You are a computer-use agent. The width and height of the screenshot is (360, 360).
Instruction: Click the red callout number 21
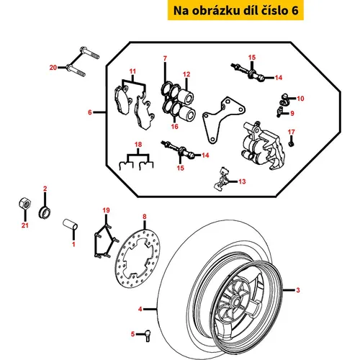click(25, 225)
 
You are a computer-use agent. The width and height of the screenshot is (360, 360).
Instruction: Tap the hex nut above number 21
click(24, 204)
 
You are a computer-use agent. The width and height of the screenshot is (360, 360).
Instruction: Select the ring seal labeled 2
click(45, 212)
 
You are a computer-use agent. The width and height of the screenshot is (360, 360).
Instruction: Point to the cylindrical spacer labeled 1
click(71, 224)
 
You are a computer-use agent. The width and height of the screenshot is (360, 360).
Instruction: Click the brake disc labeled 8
click(138, 259)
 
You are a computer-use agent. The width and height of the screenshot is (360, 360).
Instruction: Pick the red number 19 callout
click(106, 210)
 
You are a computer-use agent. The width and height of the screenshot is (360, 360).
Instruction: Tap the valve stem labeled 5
click(147, 336)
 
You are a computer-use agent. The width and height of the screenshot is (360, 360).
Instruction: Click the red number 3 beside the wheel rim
click(298, 290)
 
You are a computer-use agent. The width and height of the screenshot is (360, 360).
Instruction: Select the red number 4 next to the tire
click(140, 309)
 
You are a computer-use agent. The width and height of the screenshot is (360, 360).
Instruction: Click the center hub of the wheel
click(235, 302)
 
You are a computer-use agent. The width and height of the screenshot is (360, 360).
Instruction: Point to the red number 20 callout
click(53, 68)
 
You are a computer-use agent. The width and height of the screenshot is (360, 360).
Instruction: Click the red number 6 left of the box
click(90, 112)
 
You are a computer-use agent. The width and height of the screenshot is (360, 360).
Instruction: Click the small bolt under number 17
click(291, 142)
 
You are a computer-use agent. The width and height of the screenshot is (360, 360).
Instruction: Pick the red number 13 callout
click(242, 181)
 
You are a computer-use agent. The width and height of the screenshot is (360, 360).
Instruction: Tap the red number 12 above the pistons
click(186, 74)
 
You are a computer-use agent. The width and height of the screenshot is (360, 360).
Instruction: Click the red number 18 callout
click(138, 145)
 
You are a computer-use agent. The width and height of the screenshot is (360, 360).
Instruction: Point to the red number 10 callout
click(300, 99)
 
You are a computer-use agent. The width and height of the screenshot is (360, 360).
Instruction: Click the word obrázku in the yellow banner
click(216, 11)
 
